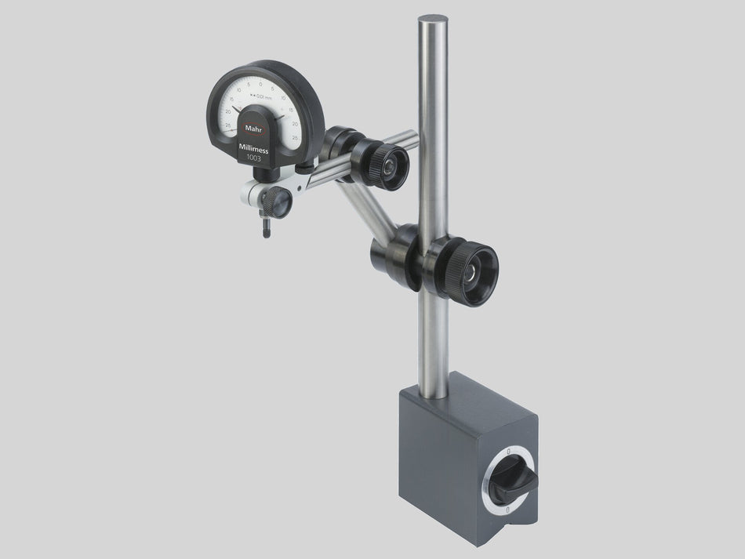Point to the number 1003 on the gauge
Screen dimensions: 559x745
(256, 158)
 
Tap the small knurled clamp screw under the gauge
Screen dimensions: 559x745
(279, 202)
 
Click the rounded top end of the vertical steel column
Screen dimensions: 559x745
(433, 19)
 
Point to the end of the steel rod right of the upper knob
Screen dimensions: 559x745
(414, 137)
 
